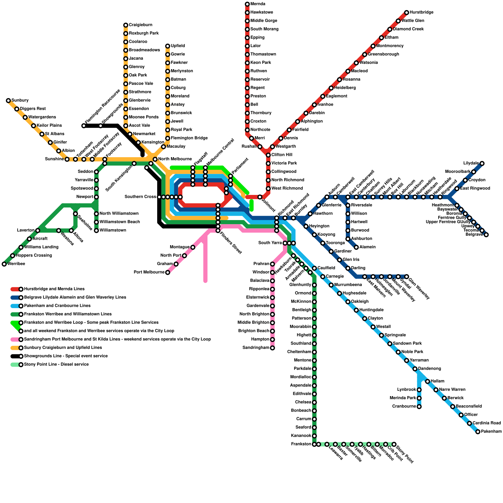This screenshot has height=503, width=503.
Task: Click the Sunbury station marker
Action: point(8,101)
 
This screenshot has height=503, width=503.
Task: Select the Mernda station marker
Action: point(247,4)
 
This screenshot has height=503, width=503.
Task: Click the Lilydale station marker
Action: point(482,163)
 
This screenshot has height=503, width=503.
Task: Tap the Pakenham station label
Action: point(491,432)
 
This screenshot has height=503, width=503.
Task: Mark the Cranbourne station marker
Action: point(419,407)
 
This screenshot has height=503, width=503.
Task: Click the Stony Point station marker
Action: point(394,444)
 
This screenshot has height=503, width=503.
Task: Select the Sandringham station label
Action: point(256,348)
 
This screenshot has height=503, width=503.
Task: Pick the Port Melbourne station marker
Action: point(168,273)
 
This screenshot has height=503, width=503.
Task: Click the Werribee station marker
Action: point(4,264)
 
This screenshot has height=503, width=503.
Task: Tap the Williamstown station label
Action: point(113,230)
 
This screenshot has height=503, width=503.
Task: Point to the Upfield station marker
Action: point(168,46)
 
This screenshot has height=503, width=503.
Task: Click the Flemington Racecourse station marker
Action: point(84,126)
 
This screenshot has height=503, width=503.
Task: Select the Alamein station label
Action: point(368,247)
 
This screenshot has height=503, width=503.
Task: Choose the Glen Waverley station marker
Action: point(406,277)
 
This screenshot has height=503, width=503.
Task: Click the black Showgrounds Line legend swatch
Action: point(15,356)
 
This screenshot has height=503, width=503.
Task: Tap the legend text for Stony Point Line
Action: point(56,365)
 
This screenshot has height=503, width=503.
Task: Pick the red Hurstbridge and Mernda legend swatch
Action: point(15,289)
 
